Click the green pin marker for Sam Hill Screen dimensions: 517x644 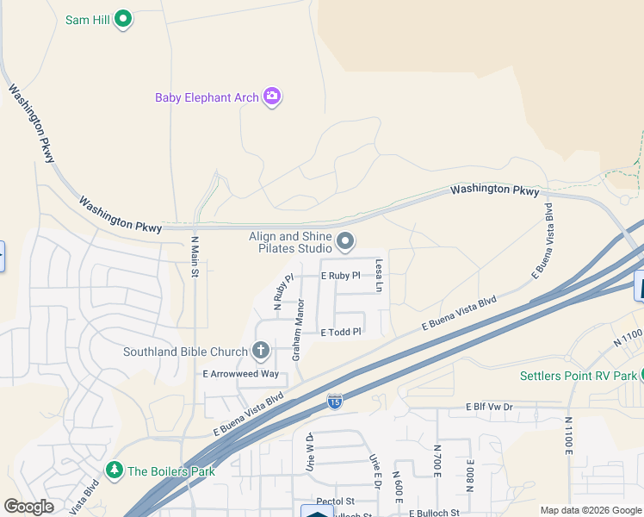coord(123,18)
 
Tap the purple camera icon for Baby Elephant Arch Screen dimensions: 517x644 coord(272,97)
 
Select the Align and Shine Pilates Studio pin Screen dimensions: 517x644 coord(345,242)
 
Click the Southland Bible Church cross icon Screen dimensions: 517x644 coord(261,351)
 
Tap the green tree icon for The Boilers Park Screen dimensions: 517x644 coord(114,470)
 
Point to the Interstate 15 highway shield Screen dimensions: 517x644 coord(334,402)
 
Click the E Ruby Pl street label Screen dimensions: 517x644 coord(340,277)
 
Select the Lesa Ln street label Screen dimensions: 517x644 coord(377,275)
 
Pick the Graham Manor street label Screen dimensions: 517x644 coord(298,329)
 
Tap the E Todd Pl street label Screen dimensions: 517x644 coord(341,332)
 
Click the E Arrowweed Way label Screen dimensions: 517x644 coord(241,374)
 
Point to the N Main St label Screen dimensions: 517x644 coord(195,258)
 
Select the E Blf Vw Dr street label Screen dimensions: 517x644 coord(488,407)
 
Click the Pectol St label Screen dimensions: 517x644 coord(336,501)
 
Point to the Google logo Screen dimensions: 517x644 coord(29,507)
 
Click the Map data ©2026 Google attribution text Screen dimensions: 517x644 coord(591,510)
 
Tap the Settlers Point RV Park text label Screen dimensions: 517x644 coord(578,376)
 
